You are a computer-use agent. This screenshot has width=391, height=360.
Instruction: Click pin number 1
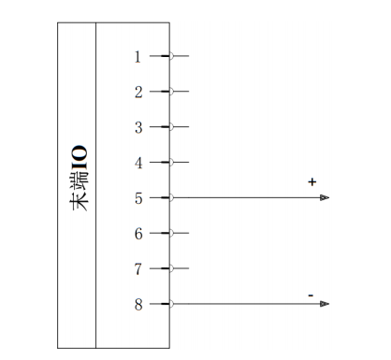[x=138, y=57]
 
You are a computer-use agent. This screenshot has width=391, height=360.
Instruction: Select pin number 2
[x=138, y=93]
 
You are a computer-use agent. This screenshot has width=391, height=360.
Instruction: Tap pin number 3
[x=138, y=127]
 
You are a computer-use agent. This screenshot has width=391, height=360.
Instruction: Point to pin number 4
[x=138, y=163]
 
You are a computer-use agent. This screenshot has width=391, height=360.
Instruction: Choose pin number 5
[x=138, y=198]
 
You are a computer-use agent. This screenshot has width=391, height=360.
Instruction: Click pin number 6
[x=138, y=234]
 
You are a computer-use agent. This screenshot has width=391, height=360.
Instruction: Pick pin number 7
[x=138, y=269]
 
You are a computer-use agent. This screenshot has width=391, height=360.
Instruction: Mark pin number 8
[x=138, y=305]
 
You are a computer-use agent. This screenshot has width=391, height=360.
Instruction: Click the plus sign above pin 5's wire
[x=311, y=181]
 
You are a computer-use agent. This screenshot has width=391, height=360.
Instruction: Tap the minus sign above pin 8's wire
[x=311, y=295]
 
